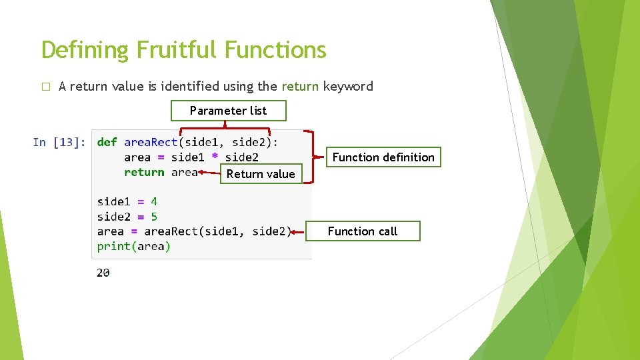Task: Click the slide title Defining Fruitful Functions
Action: coord(184,50)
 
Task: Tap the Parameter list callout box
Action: coord(228,111)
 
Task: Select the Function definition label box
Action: coord(383,157)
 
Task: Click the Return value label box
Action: coord(261,174)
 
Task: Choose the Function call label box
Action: coord(363,231)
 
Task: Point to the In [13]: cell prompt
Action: coord(59,142)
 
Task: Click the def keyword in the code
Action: coord(107,142)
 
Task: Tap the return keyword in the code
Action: coord(144,172)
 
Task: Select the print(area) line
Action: coord(134,246)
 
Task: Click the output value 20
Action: coord(103,273)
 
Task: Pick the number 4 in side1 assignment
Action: coord(154,201)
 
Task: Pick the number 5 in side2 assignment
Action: coord(154,217)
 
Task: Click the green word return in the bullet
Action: coord(300,86)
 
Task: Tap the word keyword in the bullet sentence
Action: coord(348,86)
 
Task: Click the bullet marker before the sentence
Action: coord(45,87)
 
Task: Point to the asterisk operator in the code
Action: coord(215,157)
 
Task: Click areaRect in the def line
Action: coord(151,142)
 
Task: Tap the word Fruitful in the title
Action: coord(177,50)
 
